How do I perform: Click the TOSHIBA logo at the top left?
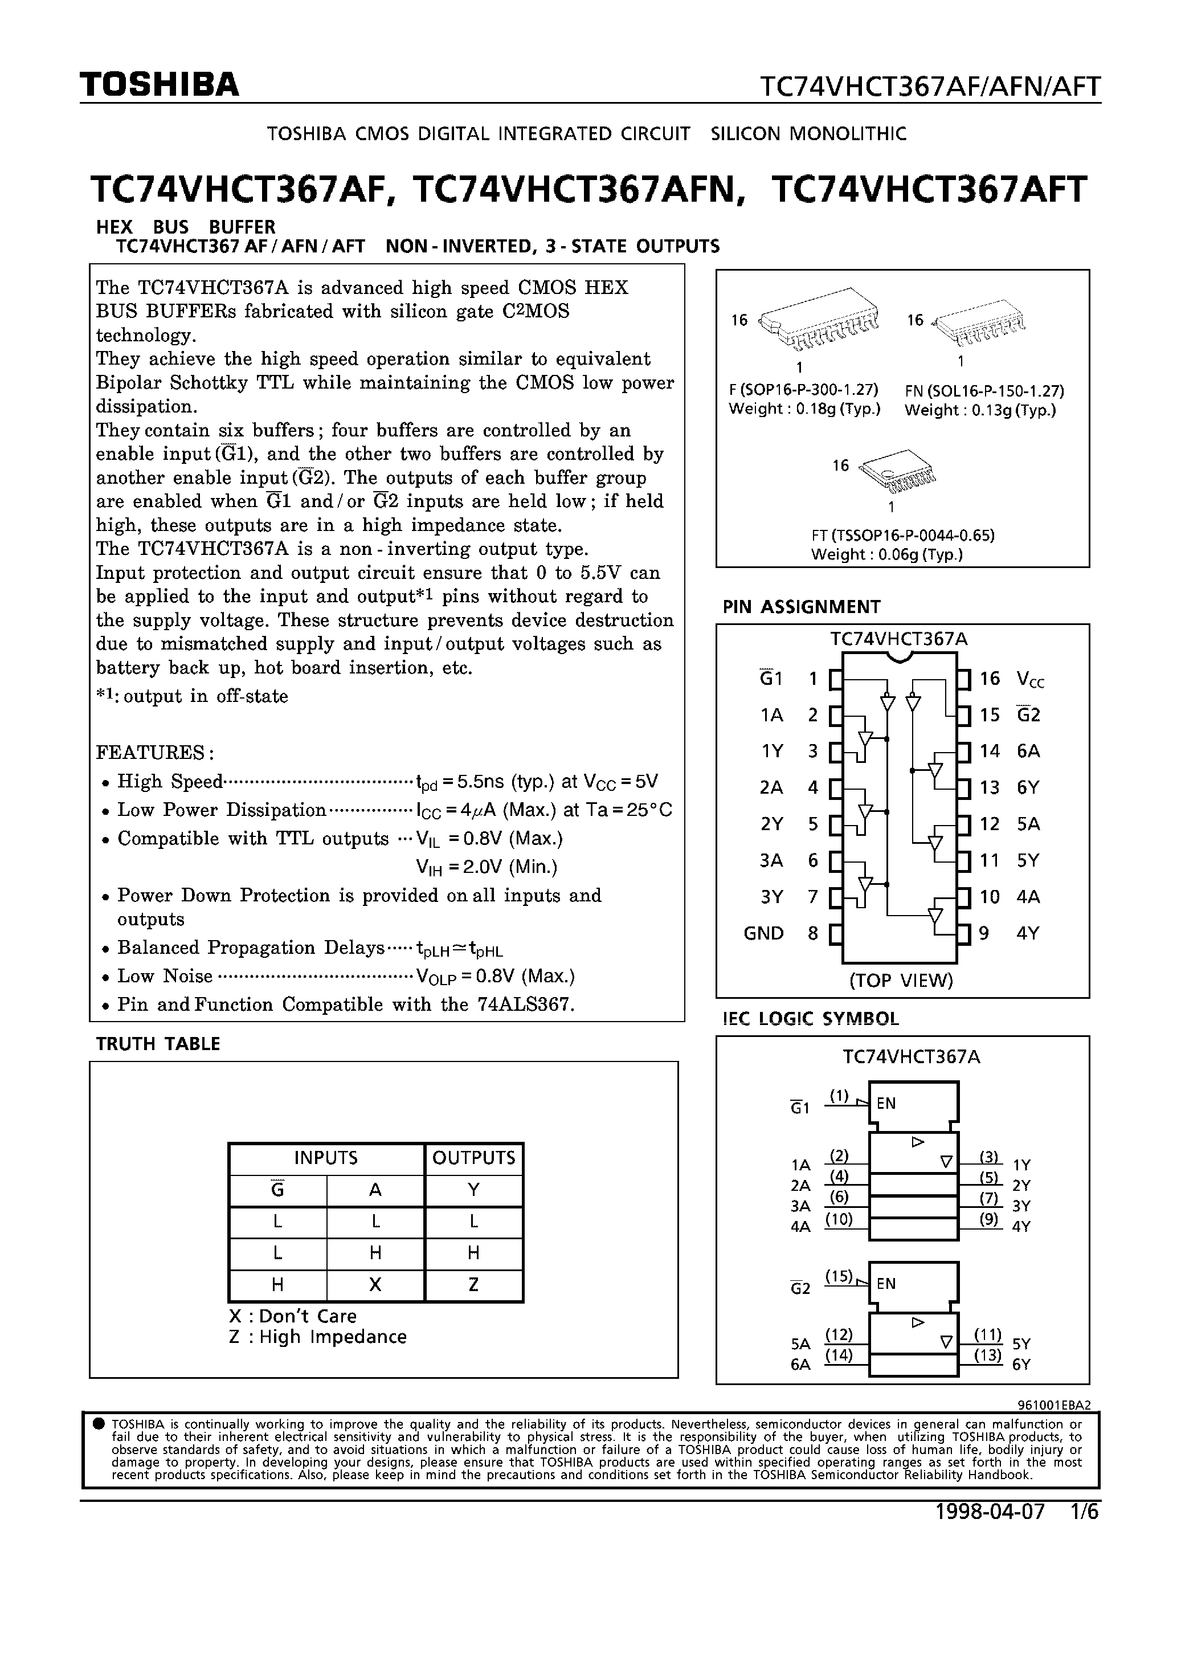[x=159, y=85]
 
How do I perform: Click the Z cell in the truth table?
[x=473, y=1285]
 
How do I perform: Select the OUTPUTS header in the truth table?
[x=473, y=1158]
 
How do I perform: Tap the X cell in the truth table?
[x=375, y=1285]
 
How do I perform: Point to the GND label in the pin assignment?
[x=763, y=933]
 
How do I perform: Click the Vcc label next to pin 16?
[x=1031, y=679]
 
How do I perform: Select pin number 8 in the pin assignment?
[x=813, y=933]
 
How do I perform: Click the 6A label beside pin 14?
[x=1028, y=751]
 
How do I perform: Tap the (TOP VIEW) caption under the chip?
[x=901, y=981]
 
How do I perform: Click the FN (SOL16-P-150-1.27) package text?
[x=984, y=391]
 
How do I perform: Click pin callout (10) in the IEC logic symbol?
[x=838, y=1220]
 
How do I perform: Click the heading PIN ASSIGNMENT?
[x=801, y=607]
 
